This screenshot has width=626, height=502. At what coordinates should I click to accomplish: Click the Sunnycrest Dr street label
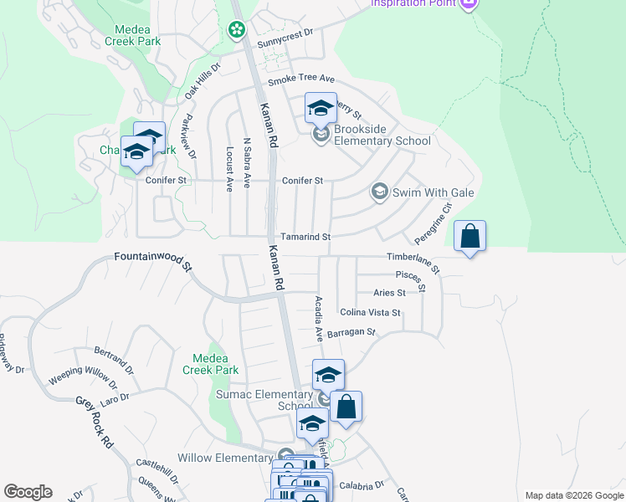(x=285, y=33)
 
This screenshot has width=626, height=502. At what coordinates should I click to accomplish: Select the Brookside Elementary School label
(x=382, y=135)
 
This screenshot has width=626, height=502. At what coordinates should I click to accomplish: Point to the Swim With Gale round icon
(x=379, y=192)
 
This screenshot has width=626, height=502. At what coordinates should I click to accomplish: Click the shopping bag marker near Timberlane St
(x=470, y=237)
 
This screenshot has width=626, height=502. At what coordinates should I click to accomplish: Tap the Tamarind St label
(x=305, y=238)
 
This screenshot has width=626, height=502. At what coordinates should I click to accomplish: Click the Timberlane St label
(x=413, y=260)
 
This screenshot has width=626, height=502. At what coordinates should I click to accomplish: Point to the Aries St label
(x=389, y=293)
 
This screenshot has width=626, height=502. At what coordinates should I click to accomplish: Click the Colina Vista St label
(x=370, y=313)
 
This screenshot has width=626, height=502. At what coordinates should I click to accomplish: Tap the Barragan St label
(x=351, y=332)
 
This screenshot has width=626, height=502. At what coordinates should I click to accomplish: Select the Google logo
(x=28, y=492)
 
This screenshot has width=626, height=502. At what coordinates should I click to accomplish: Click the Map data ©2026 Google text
(x=573, y=495)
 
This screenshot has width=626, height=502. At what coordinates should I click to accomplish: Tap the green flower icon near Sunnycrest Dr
(x=237, y=30)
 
